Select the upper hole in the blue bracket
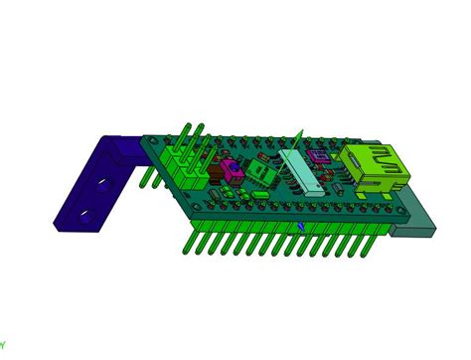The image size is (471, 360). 103,185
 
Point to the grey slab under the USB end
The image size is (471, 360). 416,221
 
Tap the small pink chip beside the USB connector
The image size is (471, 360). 320,155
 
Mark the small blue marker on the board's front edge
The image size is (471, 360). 301,226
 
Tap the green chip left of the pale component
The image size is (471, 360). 260,173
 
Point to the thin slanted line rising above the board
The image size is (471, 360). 296,139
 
